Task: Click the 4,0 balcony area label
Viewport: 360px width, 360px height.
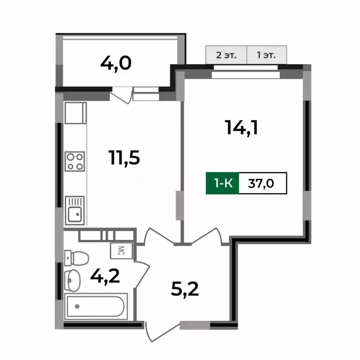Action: (x=115, y=62)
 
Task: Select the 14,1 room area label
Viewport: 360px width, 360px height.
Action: (x=242, y=127)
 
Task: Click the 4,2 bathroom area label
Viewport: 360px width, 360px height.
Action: (x=105, y=275)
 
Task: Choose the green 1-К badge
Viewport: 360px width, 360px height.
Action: (x=223, y=183)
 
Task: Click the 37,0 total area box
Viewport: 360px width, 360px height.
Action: (x=262, y=183)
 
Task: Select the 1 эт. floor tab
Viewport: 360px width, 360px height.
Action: (x=266, y=55)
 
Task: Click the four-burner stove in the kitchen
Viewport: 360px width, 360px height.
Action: (x=75, y=161)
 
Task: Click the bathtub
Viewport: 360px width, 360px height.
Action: (x=95, y=307)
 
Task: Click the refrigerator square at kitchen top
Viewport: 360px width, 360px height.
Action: (x=75, y=113)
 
